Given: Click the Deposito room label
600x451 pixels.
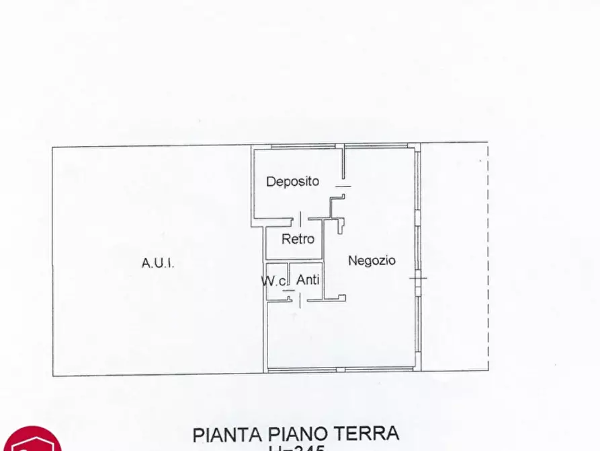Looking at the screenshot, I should (292, 181).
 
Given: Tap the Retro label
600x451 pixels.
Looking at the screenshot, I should (298, 239).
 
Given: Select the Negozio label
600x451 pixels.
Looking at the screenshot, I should (372, 261).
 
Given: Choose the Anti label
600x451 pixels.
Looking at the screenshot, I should (308, 279).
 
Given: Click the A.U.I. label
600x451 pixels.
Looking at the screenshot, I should (158, 263).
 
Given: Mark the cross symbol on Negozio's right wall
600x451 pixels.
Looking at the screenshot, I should (419, 277).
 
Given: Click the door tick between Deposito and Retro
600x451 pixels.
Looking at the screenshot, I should (300, 218).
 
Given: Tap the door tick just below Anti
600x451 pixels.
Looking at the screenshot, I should (298, 301).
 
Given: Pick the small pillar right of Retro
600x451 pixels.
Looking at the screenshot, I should (340, 225).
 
